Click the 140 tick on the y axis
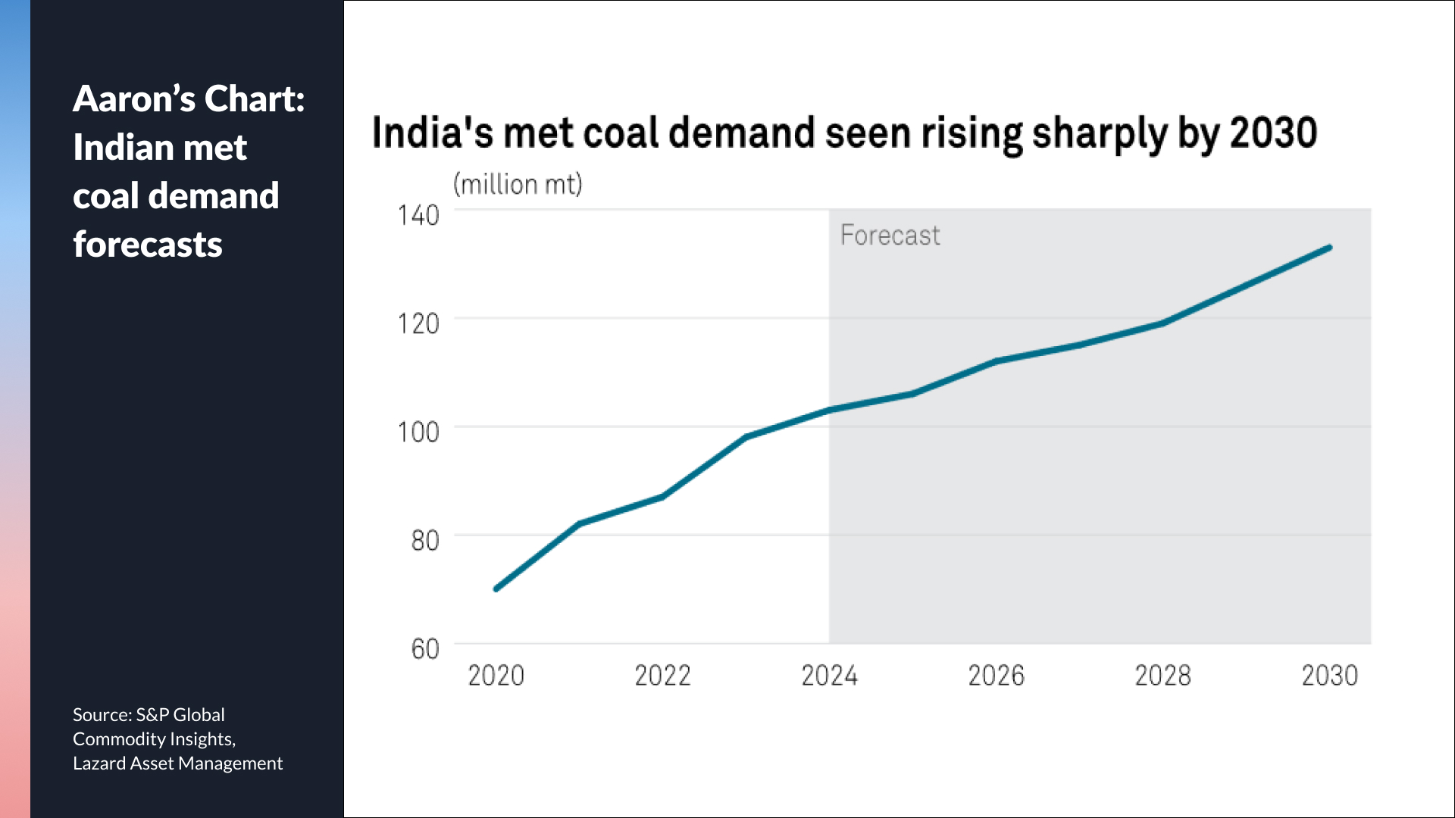pyautogui.click(x=418, y=215)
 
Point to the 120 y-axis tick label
pyautogui.click(x=418, y=323)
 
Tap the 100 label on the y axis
pyautogui.click(x=418, y=432)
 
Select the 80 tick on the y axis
pyautogui.click(x=425, y=540)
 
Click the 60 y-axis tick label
pyautogui.click(x=425, y=648)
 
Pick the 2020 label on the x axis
pyautogui.click(x=496, y=675)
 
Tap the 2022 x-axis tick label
pyautogui.click(x=662, y=675)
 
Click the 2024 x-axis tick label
pyautogui.click(x=829, y=675)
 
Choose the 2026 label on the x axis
pyautogui.click(x=996, y=675)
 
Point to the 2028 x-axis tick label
pyautogui.click(x=1162, y=675)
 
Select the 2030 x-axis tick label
pyautogui.click(x=1329, y=675)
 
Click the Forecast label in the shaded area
pyautogui.click(x=890, y=235)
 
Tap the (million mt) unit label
pyautogui.click(x=518, y=184)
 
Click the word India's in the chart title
pyautogui.click(x=432, y=133)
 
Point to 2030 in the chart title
pyautogui.click(x=1273, y=133)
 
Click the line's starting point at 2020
pyautogui.click(x=496, y=589)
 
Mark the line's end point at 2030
pyautogui.click(x=1329, y=248)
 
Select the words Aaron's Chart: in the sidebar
pyautogui.click(x=189, y=98)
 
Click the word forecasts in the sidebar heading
pyautogui.click(x=148, y=244)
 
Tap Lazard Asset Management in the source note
pyautogui.click(x=177, y=763)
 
